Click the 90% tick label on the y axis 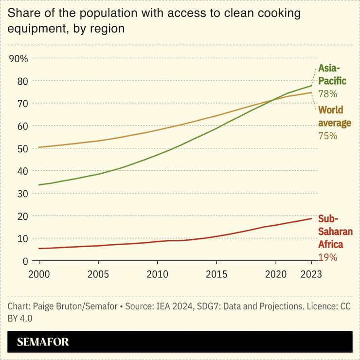click(19, 59)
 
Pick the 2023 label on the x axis click(311, 274)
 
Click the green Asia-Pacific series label click(332, 74)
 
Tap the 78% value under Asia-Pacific click(327, 93)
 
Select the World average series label click(334, 116)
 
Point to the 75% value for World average click(327, 136)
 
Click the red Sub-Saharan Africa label click(335, 232)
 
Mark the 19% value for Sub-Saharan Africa click(327, 257)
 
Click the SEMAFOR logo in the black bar click(43, 342)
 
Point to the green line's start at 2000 click(39, 185)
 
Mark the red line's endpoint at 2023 click(311, 218)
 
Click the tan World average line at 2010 click(157, 130)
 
